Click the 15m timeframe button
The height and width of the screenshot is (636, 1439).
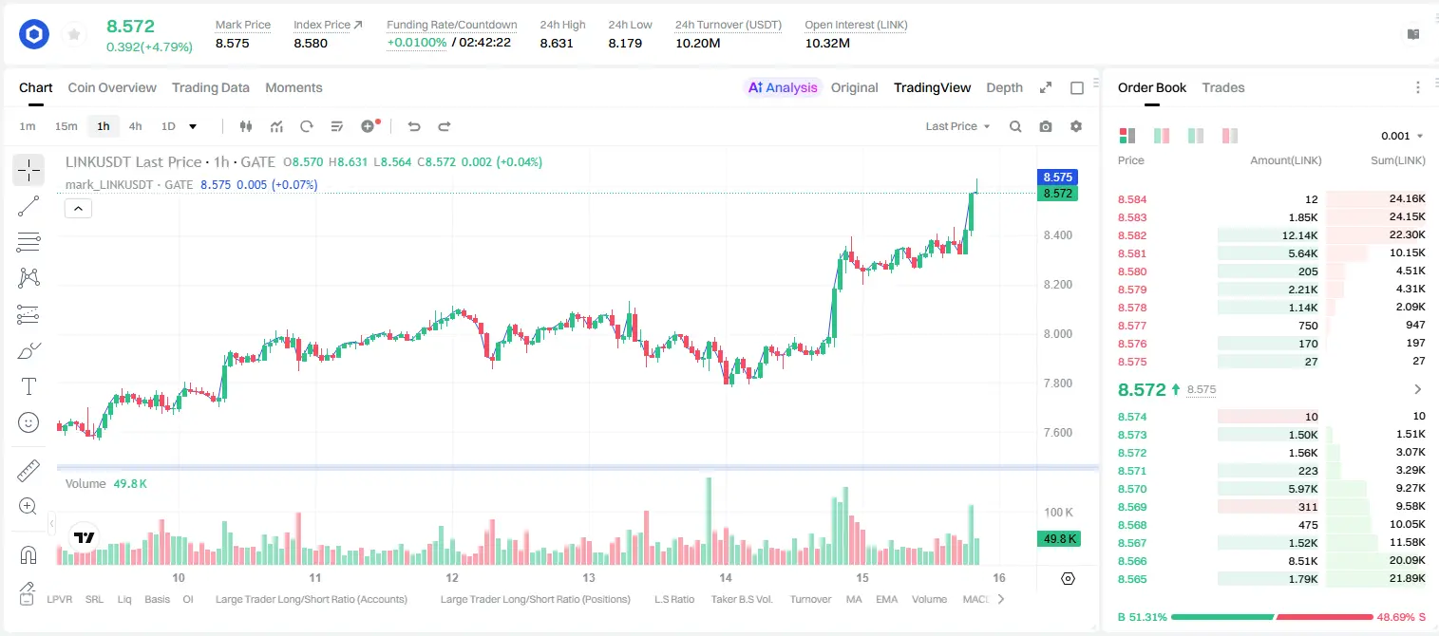66,126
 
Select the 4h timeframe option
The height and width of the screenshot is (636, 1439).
135,126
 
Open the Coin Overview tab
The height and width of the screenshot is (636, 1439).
112,87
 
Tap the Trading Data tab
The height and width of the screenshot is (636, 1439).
210,87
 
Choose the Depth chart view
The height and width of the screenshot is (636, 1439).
1004,87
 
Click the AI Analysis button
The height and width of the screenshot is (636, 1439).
783,87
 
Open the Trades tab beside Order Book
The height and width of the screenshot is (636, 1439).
1222,87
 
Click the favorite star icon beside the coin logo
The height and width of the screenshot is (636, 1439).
74,34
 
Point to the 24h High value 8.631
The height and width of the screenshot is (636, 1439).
557,43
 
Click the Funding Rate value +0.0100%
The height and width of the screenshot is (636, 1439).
416,43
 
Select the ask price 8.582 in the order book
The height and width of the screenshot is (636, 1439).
1132,235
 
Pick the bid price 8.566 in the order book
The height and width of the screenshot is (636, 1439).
1132,561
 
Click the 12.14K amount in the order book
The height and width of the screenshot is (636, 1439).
1299,235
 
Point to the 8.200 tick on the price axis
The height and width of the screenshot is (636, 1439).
1057,285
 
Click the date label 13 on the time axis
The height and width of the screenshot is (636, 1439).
589,577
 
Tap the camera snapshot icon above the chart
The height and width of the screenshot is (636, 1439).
1045,126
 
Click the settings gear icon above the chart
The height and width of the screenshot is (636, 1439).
1076,126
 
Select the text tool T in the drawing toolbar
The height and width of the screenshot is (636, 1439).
28,386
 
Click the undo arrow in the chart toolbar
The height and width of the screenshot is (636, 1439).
414,126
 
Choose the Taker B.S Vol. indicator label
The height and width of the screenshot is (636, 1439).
741,599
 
